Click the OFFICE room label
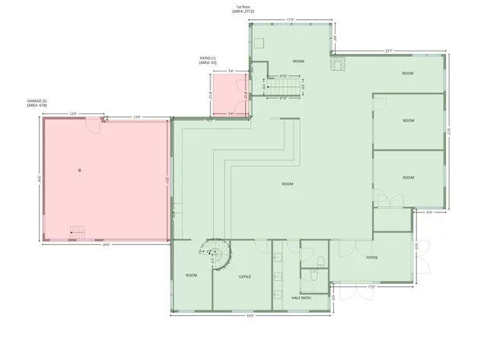pyautogui.click(x=244, y=276)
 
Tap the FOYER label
pyautogui.click(x=372, y=258)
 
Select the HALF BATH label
pyautogui.click(x=301, y=298)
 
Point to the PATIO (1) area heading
pyautogui.click(x=208, y=60)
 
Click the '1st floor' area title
pyautogui.click(x=243, y=10)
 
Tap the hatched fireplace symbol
pyautogui.click(x=338, y=65)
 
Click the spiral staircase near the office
pyautogui.click(x=219, y=257)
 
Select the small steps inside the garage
pyautogui.click(x=76, y=231)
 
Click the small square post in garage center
pyautogui.click(x=78, y=170)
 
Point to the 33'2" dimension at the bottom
pyautogui.click(x=250, y=315)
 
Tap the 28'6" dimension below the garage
pyautogui.click(x=107, y=245)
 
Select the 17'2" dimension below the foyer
pyautogui.click(x=372, y=288)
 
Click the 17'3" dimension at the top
pyautogui.click(x=290, y=19)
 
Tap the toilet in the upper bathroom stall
pyautogui.click(x=321, y=260)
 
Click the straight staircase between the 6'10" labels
pyautogui.click(x=287, y=87)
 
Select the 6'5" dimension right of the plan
pyautogui.click(x=428, y=212)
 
